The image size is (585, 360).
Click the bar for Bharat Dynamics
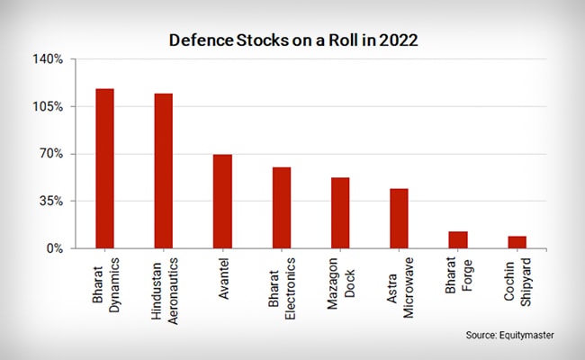pos(104,168)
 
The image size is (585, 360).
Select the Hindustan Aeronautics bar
pos(163,171)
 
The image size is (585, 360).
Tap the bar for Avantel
pos(222,202)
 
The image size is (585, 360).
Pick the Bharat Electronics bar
pos(282,208)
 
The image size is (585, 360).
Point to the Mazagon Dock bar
pos(340,212)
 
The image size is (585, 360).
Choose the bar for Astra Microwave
pos(399,218)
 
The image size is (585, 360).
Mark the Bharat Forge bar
pos(458,239)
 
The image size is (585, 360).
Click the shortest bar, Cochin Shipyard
pos(517,242)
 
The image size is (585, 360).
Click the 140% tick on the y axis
pos(49,59)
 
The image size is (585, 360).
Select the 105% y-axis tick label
pos(49,106)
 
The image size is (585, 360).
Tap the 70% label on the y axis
pos(51,154)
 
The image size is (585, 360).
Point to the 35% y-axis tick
pos(51,201)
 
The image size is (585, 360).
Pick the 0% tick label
pos(54,248)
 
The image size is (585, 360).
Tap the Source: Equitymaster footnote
pos(509,335)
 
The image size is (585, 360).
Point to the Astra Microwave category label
pos(400,289)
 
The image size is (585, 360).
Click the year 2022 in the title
pos(398,40)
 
